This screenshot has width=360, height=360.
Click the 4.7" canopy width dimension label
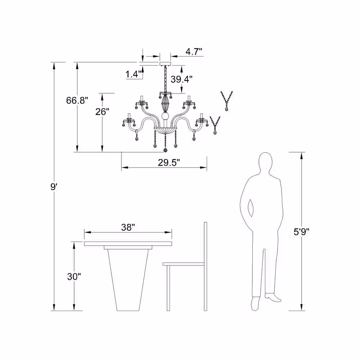[x=194, y=51]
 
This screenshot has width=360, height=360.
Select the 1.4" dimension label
[x=134, y=74]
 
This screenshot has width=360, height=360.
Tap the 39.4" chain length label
[x=181, y=79]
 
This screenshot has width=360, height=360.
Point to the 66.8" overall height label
[x=77, y=100]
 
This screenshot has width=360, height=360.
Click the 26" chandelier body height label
[x=102, y=112]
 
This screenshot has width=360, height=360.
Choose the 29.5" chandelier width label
[x=169, y=163]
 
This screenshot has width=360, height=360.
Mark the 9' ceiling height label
[x=54, y=187]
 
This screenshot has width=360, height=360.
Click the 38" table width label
[x=128, y=227]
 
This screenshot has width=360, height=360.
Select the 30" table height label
[x=74, y=276]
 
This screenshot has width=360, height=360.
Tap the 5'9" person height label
[x=301, y=232]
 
